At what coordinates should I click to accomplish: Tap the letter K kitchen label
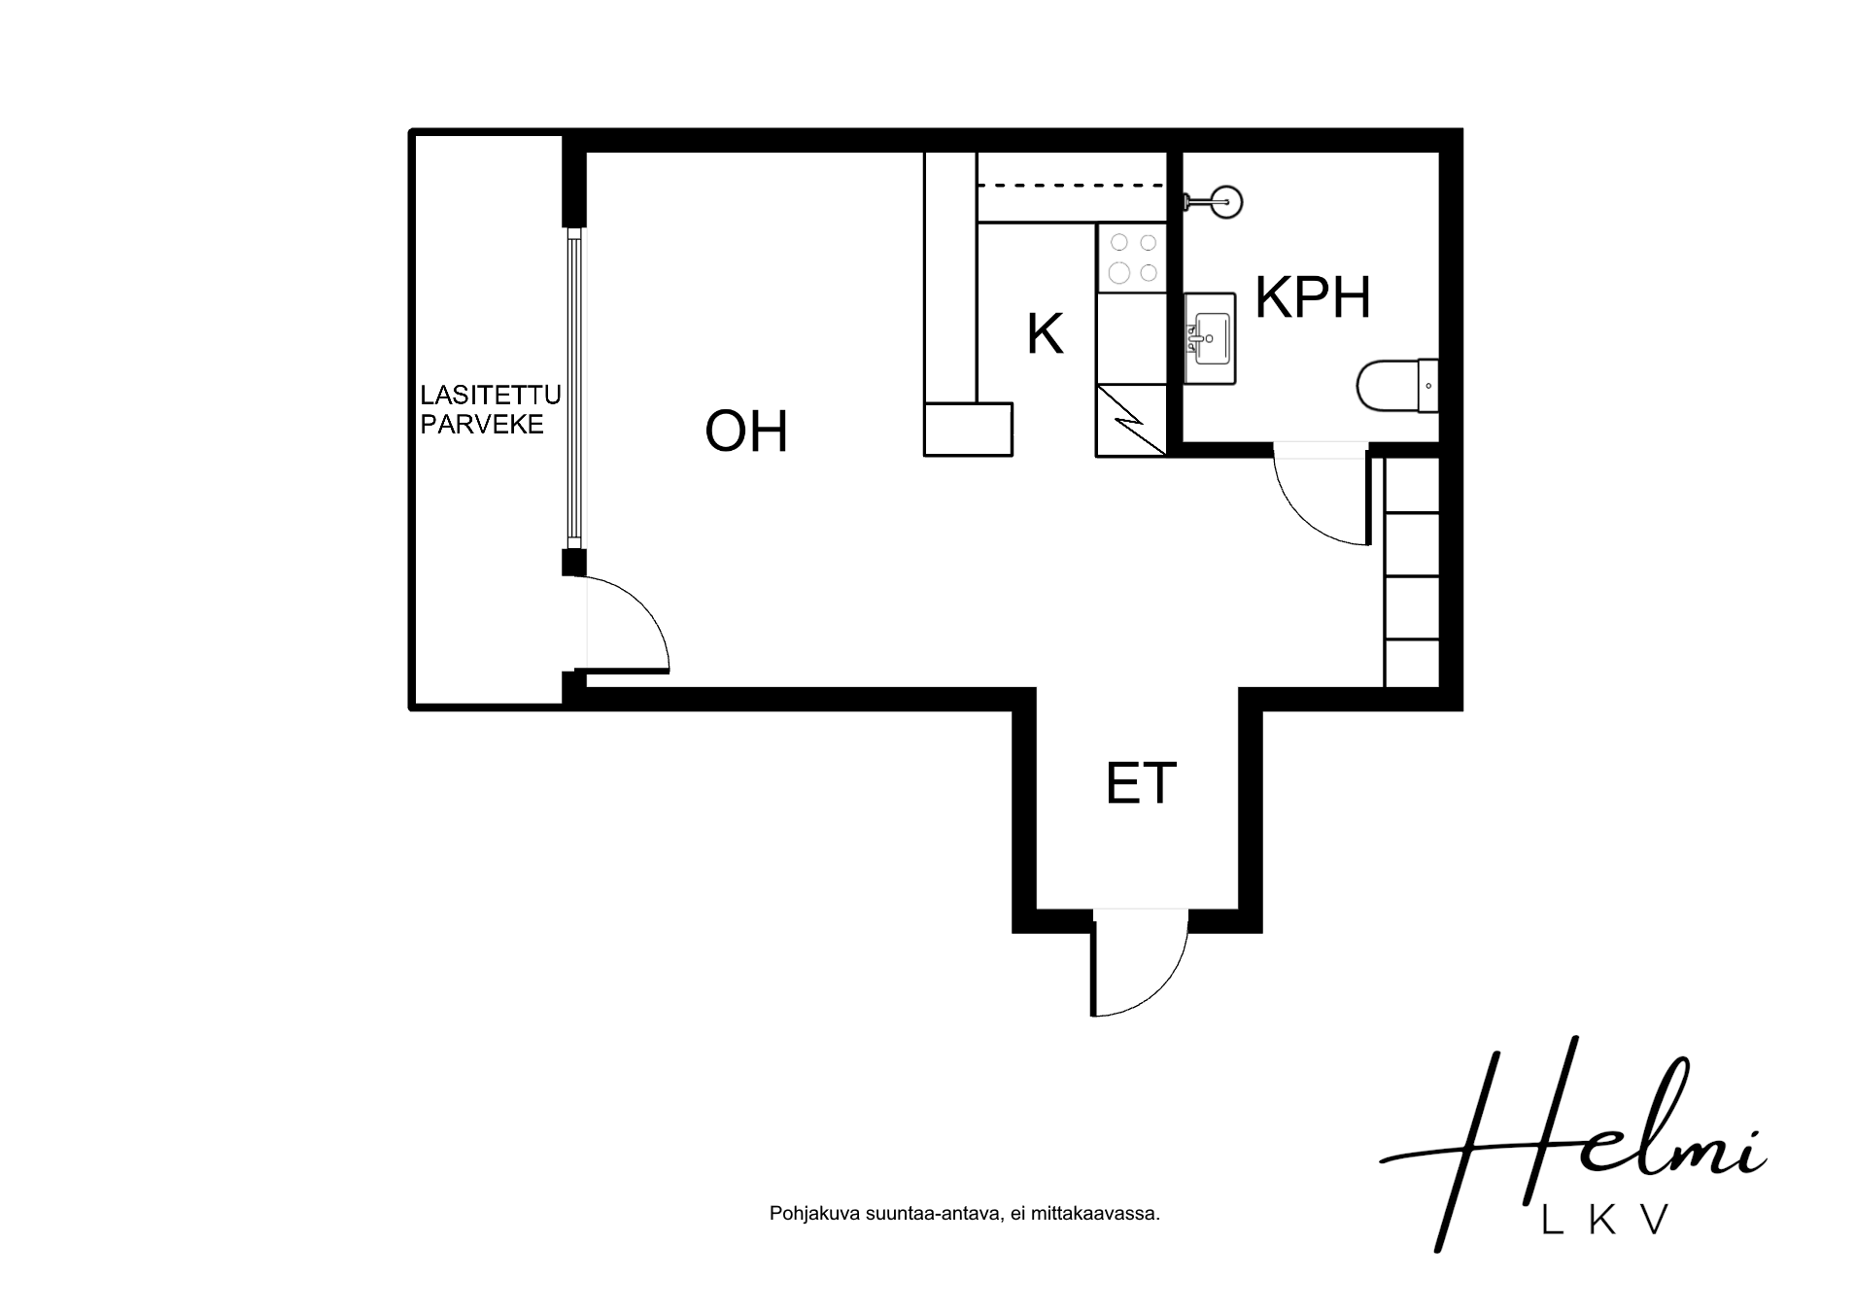click(1045, 334)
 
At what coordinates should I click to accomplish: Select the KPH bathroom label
click(1312, 297)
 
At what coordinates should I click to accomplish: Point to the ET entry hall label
click(1141, 782)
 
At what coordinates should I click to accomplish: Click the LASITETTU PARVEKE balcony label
click(490, 410)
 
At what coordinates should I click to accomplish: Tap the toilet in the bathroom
click(1397, 386)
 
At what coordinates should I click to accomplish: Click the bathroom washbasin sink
click(1210, 339)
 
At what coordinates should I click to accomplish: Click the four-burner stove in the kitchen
click(1132, 258)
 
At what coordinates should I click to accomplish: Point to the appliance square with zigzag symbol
click(1132, 420)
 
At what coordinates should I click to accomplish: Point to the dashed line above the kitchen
click(1072, 185)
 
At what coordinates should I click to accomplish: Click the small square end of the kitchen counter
click(968, 430)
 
